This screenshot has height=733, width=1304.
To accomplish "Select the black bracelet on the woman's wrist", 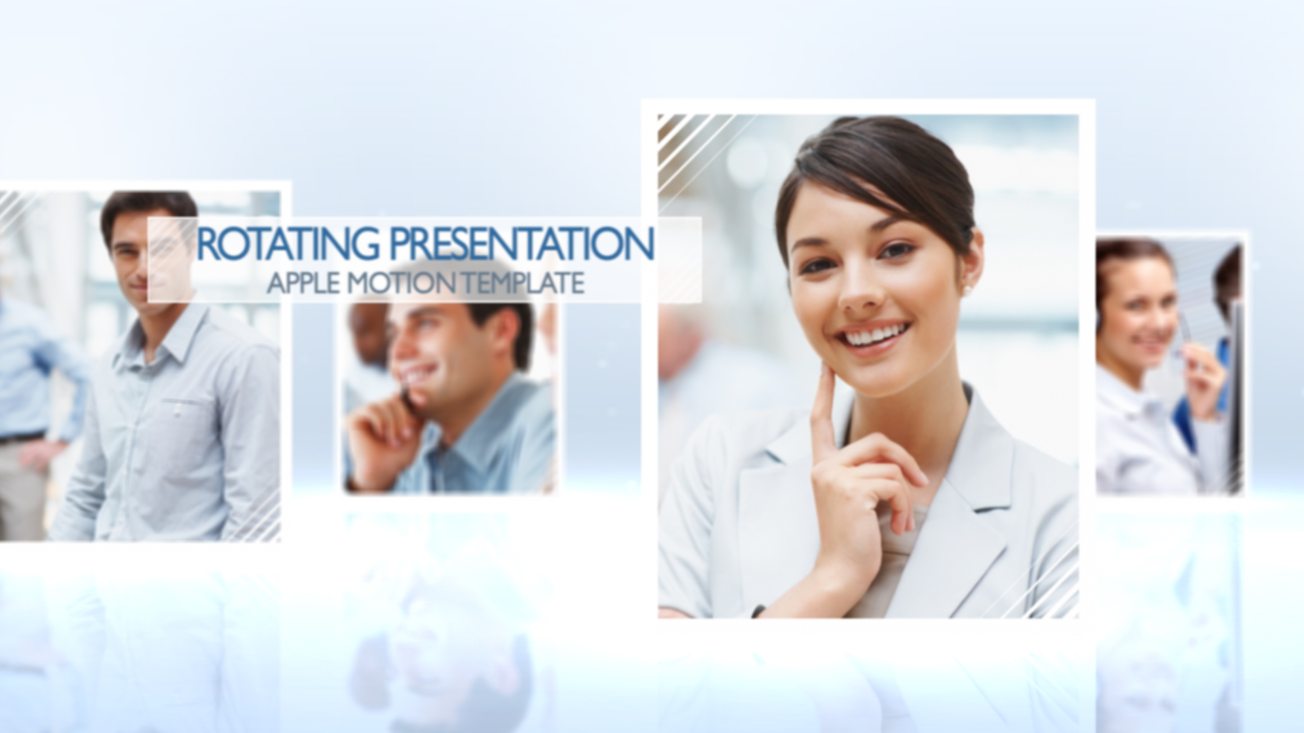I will [x=758, y=611].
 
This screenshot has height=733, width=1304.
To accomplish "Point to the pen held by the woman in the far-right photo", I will [x=1185, y=333].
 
